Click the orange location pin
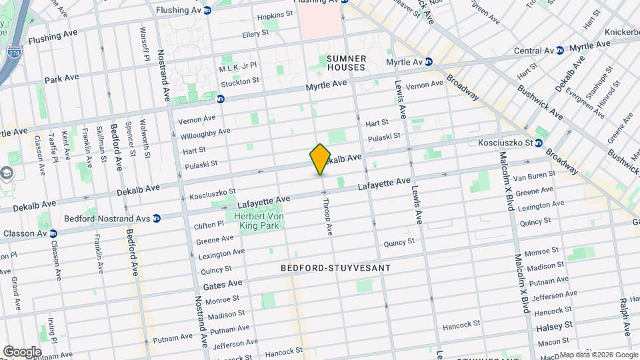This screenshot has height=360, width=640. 320,159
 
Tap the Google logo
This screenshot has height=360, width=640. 22,351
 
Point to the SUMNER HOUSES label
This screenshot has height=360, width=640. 346,63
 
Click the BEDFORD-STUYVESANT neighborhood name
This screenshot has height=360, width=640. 335,267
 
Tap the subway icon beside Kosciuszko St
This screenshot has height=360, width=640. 538,143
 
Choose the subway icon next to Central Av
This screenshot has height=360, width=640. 559,50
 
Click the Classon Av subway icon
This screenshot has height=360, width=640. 53,234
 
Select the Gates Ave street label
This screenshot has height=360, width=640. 223,284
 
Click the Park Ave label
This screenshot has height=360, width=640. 61,78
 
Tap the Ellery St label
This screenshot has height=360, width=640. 255,33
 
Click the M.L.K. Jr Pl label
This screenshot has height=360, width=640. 238,67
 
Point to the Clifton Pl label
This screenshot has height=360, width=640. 209,225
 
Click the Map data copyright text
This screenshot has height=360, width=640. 599,355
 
